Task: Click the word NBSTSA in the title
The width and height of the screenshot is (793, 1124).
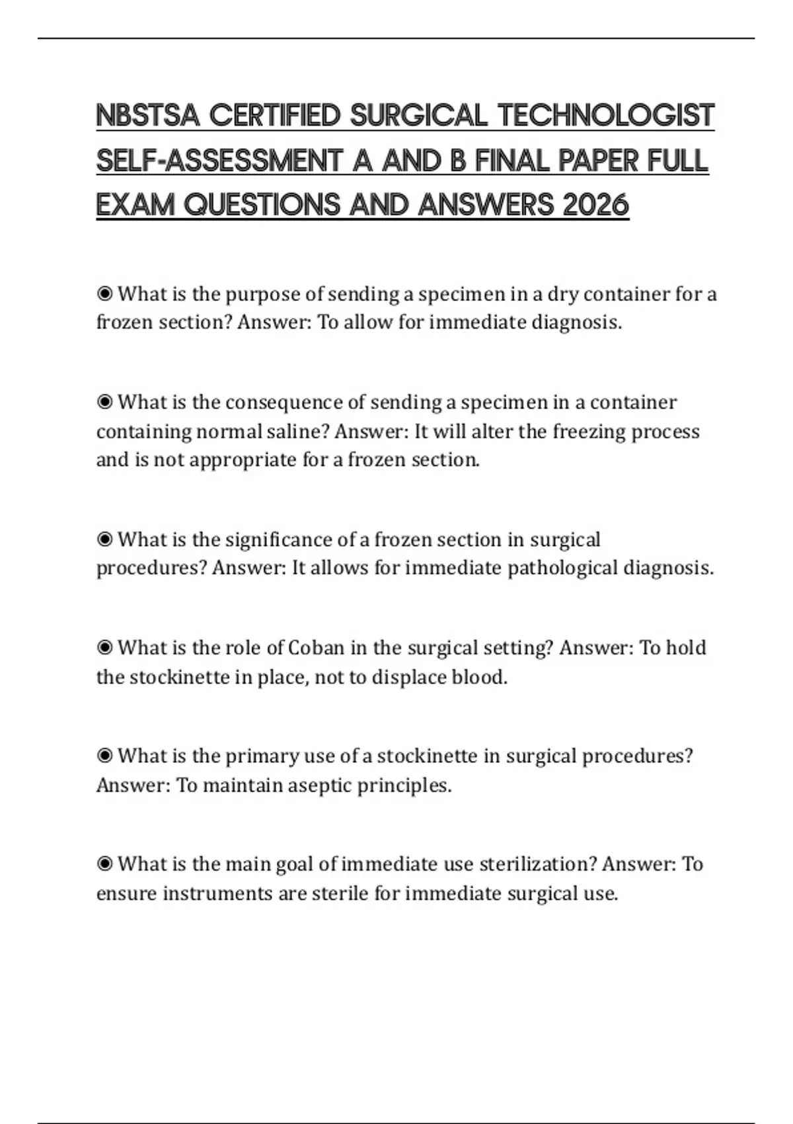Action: pos(147,116)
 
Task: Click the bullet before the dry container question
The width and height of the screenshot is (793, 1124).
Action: pos(104,293)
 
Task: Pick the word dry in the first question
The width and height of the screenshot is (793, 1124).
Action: pos(562,294)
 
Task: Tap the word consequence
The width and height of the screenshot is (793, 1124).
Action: pos(285,402)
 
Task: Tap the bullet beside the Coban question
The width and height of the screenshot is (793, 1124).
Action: pos(104,647)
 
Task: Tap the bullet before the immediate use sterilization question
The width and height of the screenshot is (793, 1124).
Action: pos(104,863)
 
